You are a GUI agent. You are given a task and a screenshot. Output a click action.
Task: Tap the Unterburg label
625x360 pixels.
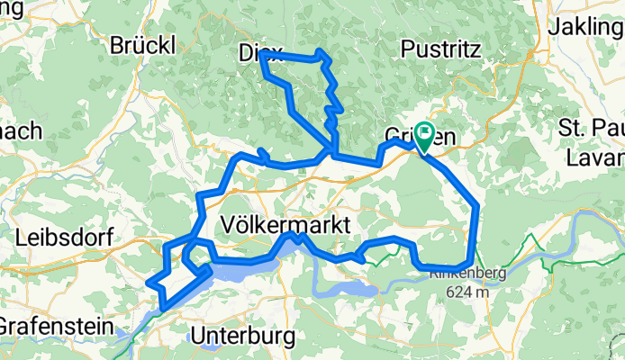[x=243, y=337]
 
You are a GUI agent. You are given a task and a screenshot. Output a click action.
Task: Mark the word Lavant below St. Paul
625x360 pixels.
[x=595, y=157]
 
